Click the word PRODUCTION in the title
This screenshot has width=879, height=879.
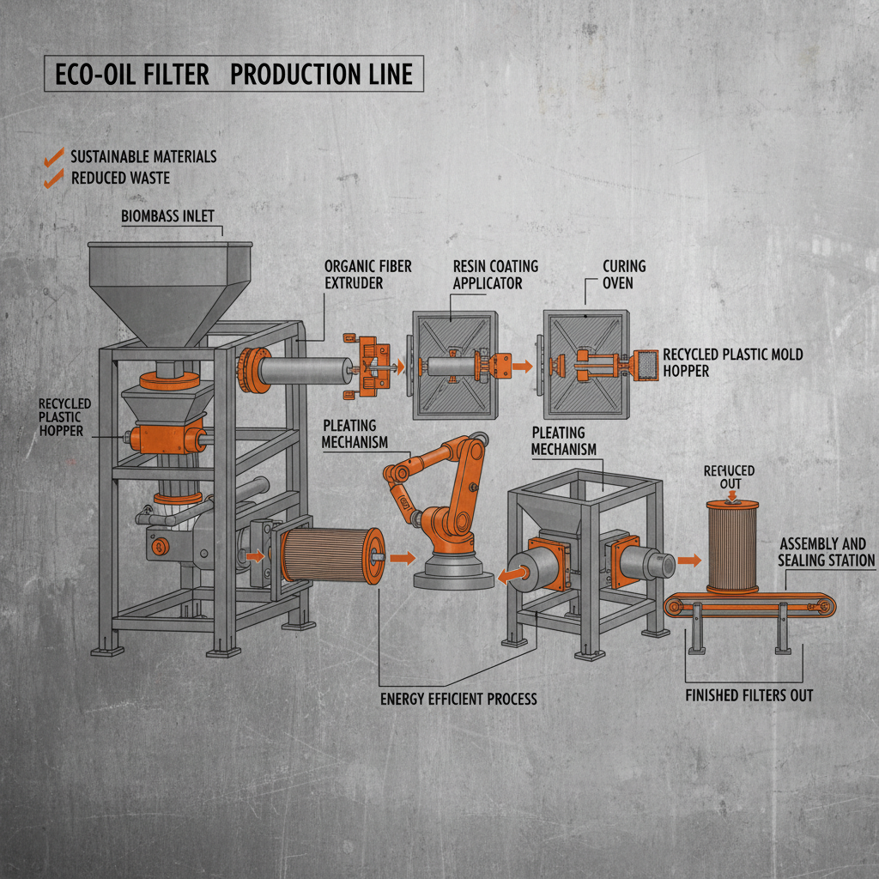tap(296, 75)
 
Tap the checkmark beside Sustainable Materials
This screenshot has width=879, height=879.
tap(53, 156)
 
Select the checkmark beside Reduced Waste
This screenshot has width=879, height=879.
tap(53, 178)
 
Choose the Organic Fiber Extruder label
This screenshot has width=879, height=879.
tap(367, 274)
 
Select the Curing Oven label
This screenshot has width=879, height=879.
tap(624, 274)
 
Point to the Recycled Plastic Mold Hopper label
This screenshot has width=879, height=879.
tap(733, 362)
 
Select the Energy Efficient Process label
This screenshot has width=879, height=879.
tap(458, 699)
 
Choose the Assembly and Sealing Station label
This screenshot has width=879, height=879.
tap(826, 552)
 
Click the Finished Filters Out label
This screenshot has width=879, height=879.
tap(749, 694)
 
